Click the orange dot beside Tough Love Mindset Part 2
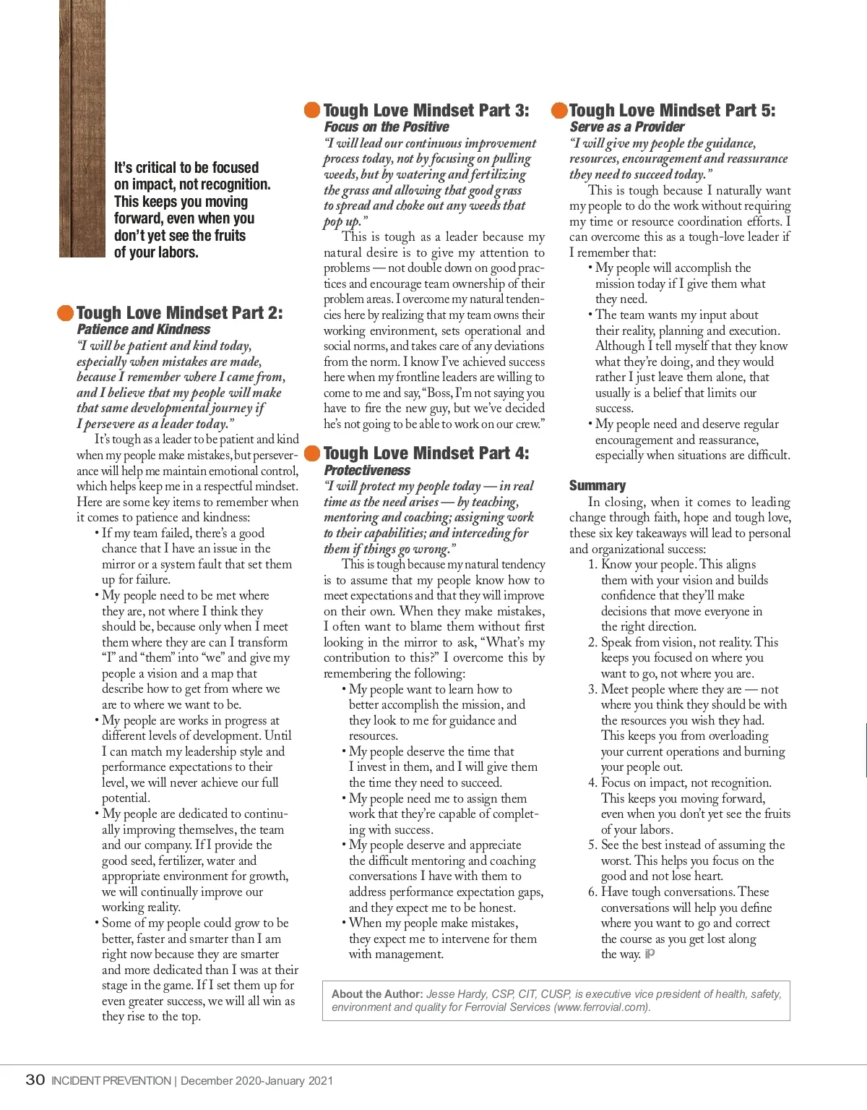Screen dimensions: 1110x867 tap(66, 312)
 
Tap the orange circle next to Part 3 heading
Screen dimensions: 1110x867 tap(312, 110)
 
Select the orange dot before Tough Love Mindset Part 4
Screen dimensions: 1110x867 tap(312, 453)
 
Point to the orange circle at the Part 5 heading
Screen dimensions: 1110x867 tap(559, 110)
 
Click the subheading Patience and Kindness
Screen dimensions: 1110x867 tap(144, 330)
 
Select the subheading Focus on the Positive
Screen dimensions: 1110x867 tap(387, 127)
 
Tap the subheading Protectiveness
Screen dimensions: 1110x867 tap(367, 471)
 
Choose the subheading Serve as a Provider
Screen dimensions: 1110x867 tap(626, 127)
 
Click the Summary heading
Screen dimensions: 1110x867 tap(598, 485)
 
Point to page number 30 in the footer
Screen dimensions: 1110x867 tap(35, 1080)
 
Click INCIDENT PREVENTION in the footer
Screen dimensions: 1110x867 tap(111, 1081)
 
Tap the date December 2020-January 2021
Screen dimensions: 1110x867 tap(256, 1081)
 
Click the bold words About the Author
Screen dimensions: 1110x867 tap(376, 994)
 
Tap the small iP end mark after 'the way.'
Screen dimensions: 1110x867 tap(650, 954)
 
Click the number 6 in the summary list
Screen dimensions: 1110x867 tap(592, 892)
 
